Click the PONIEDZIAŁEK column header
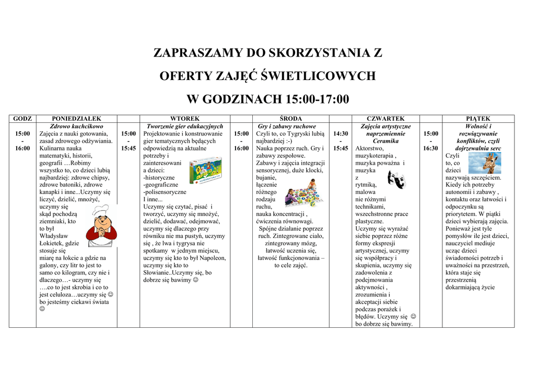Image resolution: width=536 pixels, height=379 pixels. [76, 119]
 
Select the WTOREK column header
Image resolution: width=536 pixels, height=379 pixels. [185, 119]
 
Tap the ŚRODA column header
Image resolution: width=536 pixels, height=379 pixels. [291, 119]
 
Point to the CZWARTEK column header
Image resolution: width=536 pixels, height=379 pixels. [386, 119]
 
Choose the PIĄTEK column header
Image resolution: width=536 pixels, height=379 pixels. [478, 119]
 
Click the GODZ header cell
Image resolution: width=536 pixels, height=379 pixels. [23, 119]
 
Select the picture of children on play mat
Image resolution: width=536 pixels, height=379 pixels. [304, 193]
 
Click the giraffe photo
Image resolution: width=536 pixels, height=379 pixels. [484, 162]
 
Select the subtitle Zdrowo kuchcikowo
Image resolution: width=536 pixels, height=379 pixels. [76, 127]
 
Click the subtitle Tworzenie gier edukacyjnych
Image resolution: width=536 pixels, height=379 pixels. [185, 127]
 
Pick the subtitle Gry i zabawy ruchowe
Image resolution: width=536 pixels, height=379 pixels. [291, 127]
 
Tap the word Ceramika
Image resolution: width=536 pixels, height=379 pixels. [386, 141]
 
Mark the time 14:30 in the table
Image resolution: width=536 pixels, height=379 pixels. [341, 134]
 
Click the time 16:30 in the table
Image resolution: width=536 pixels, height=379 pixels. [431, 148]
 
